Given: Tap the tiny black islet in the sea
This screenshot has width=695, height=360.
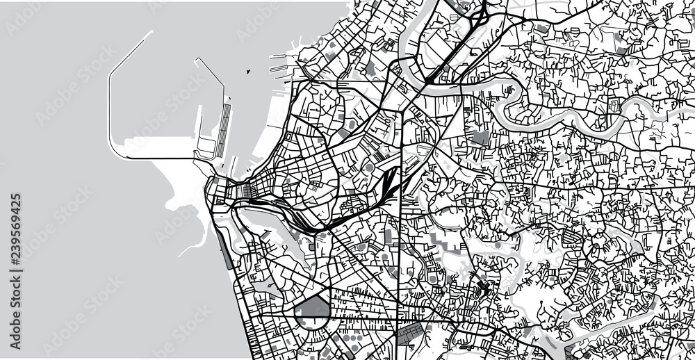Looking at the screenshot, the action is [x=248, y=70].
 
